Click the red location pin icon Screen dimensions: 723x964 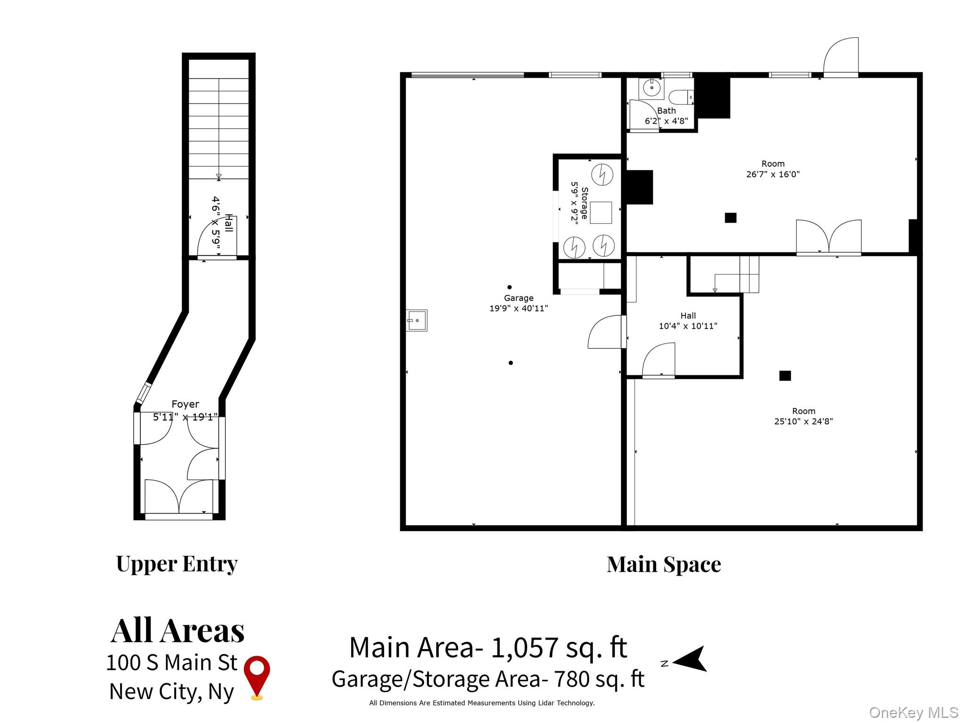click(x=257, y=675)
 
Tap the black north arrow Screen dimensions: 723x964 click(x=691, y=659)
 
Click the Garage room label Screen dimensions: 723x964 click(x=518, y=298)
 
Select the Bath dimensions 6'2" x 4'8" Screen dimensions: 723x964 click(x=666, y=121)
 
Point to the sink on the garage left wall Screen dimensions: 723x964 click(x=417, y=321)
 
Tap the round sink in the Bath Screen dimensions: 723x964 click(x=652, y=88)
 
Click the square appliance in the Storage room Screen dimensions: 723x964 click(x=601, y=212)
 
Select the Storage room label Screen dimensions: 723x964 click(x=584, y=203)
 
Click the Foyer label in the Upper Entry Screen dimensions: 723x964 click(x=185, y=404)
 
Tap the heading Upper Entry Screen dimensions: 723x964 click(x=177, y=563)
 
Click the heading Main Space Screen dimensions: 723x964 click(x=663, y=564)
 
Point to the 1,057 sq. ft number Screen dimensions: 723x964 click(x=559, y=648)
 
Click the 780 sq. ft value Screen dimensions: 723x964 click(x=599, y=679)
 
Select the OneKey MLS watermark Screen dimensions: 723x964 click(x=913, y=713)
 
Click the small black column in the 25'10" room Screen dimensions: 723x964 click(x=785, y=376)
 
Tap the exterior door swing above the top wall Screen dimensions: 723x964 click(x=841, y=56)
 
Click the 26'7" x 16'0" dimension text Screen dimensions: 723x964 click(x=772, y=174)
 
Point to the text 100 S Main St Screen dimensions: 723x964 click(x=172, y=663)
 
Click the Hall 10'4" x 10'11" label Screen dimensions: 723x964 click(x=688, y=321)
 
